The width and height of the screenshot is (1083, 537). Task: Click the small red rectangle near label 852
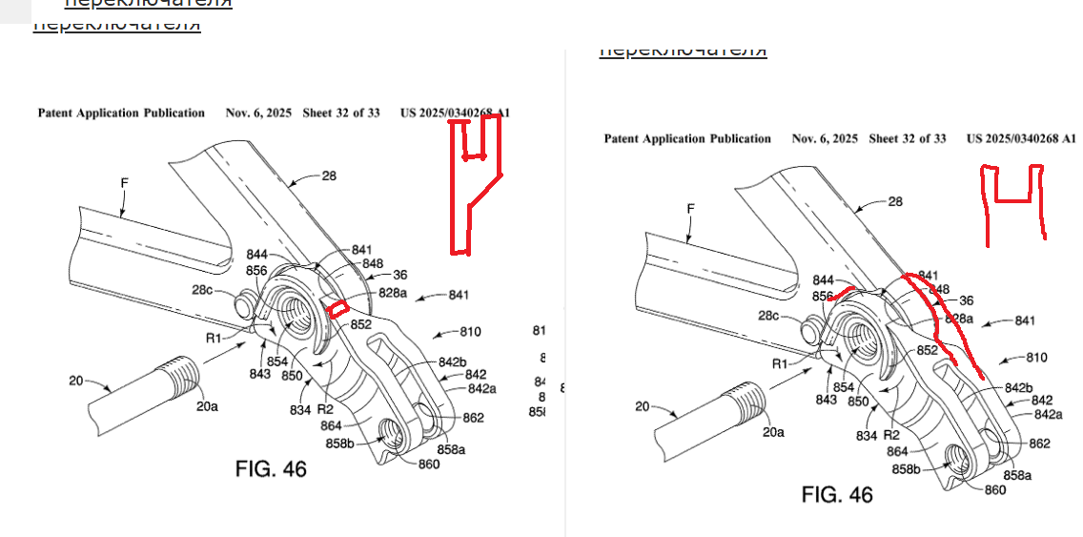pos(337,308)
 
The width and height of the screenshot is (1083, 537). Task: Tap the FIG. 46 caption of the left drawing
pos(271,468)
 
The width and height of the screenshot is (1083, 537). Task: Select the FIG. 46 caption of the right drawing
pos(837,495)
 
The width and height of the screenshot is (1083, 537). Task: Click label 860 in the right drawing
pos(994,490)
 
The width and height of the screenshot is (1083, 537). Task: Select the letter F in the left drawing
pos(124,182)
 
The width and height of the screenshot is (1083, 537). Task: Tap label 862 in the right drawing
pos(1039,444)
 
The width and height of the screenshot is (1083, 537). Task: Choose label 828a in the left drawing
pos(392,294)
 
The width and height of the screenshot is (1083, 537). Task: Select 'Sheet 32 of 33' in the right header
pos(907,138)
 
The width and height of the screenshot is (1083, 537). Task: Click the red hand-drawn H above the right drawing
pos(1012,200)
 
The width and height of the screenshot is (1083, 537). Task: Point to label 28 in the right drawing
pos(895,201)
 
